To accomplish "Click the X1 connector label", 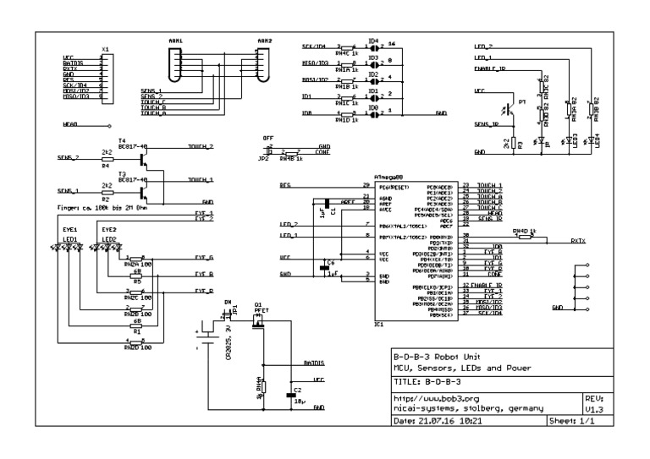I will point(104,49).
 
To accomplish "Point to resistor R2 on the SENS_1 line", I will point(106,191).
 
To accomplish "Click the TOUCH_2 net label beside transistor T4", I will point(200,146).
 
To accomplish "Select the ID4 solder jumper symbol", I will point(372,49).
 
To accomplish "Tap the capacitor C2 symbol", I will point(293,395).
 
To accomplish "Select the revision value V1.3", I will point(593,407).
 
